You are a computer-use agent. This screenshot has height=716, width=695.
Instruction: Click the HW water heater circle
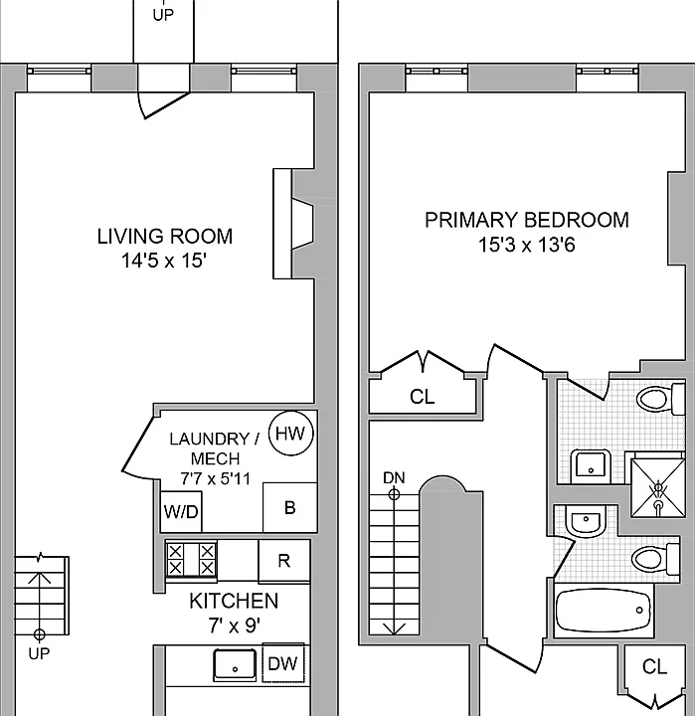(x=291, y=433)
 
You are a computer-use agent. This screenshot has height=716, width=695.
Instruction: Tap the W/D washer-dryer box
(x=181, y=511)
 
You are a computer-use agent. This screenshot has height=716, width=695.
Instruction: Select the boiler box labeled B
(x=290, y=507)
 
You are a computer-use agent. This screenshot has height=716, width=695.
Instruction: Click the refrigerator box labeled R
(x=284, y=560)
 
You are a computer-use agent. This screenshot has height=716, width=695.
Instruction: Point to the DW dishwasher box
(x=283, y=663)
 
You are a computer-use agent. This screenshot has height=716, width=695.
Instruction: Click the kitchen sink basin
(x=235, y=665)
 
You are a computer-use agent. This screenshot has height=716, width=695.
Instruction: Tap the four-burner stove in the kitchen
(x=191, y=559)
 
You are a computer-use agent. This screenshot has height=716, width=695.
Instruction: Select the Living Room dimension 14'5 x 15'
(x=164, y=261)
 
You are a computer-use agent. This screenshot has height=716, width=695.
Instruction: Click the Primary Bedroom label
(x=527, y=220)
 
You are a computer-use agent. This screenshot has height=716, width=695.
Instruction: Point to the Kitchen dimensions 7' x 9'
(x=235, y=626)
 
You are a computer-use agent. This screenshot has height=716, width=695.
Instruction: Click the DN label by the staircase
(x=394, y=477)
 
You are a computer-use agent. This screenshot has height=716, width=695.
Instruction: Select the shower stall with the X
(x=658, y=487)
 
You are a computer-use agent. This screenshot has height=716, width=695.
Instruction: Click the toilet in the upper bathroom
(x=660, y=399)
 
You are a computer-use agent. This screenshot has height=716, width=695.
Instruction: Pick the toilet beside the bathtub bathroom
(x=656, y=559)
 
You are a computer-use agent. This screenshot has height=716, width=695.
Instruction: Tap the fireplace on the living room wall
(x=293, y=224)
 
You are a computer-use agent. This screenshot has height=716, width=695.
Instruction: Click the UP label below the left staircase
(x=39, y=653)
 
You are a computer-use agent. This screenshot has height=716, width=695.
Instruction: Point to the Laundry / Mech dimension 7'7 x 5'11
(x=215, y=478)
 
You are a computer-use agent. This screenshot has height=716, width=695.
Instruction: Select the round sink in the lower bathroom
(x=586, y=520)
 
